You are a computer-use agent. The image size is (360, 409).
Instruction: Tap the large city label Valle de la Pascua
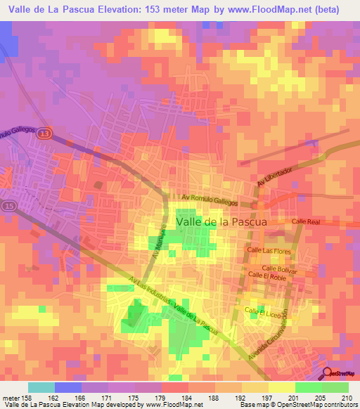click(x=221, y=221)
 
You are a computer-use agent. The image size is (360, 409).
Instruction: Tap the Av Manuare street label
click(x=159, y=242)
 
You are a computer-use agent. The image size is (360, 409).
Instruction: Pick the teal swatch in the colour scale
click(x=41, y=387)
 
